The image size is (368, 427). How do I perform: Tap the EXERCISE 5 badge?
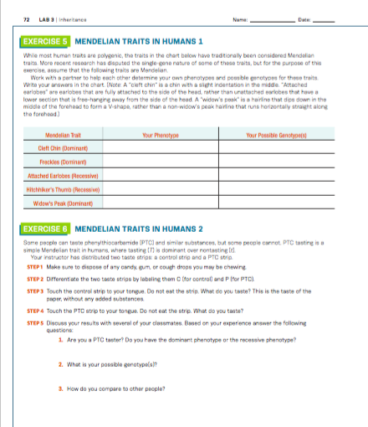pyautogui.click(x=45, y=41)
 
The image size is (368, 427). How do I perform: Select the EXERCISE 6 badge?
pyautogui.click(x=45, y=228)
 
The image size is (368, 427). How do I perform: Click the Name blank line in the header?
pyautogui.click(x=274, y=19)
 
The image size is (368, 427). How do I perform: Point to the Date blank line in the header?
pyautogui.click(x=323, y=19)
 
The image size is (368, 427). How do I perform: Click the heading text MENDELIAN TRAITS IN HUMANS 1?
pyautogui.click(x=139, y=41)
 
